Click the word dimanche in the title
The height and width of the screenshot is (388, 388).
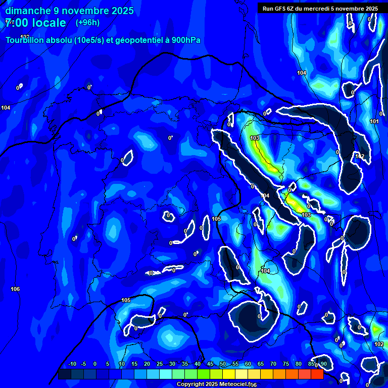[28, 11]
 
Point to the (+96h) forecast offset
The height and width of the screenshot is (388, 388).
[88, 23]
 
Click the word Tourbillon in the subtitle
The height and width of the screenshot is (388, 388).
[25, 40]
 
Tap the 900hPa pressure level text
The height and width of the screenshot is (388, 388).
[186, 40]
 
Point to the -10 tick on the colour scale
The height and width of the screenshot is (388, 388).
[72, 364]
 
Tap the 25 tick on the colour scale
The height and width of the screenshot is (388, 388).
[160, 364]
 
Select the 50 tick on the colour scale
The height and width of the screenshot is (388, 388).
[223, 364]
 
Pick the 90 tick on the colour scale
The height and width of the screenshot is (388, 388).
[323, 364]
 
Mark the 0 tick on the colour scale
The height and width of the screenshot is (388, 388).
[95, 364]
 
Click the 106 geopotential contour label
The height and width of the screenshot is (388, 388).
[15, 289]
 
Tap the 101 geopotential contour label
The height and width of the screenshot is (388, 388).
[374, 121]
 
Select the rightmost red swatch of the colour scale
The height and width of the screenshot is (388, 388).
[317, 374]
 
